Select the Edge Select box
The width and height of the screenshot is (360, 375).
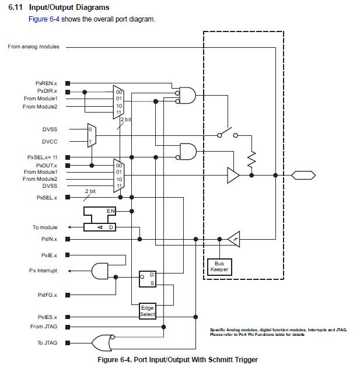point(148,311)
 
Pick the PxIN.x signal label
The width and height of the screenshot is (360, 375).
point(49,239)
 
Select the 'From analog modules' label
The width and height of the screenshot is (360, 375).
point(33,47)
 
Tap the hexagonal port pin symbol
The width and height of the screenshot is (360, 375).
point(303,174)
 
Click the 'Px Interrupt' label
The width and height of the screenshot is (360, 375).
point(44,271)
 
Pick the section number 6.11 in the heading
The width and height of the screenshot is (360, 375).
point(16,7)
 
